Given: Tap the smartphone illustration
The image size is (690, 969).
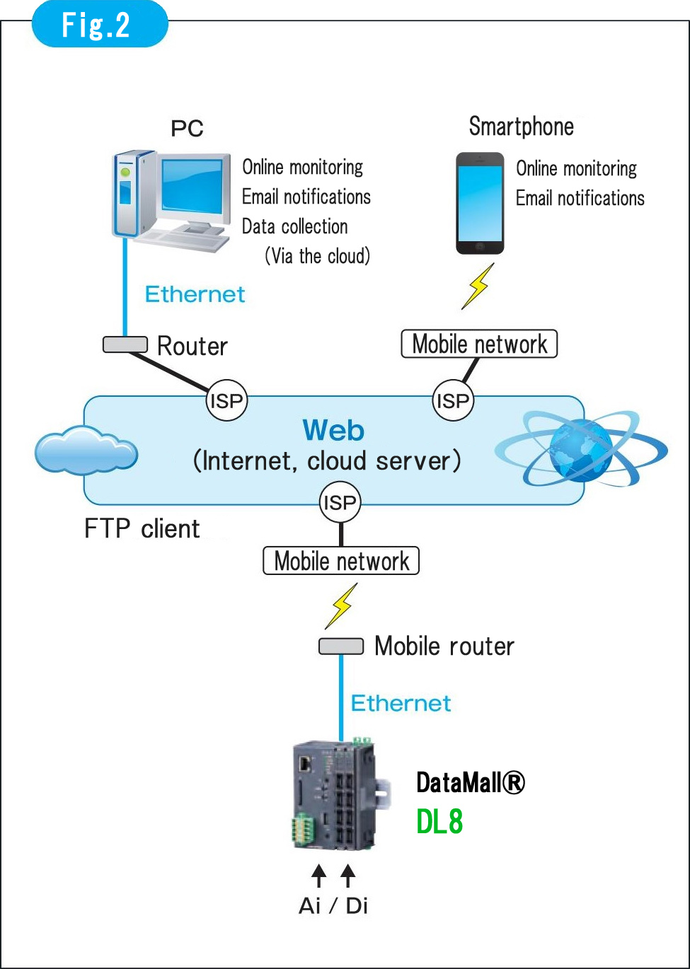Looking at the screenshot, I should click(480, 203).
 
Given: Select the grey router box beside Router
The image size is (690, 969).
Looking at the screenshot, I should click(125, 344).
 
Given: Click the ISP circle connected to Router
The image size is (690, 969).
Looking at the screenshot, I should click(226, 401).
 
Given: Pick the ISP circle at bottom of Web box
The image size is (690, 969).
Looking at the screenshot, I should click(340, 503).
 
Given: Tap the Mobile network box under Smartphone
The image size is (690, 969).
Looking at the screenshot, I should click(479, 344).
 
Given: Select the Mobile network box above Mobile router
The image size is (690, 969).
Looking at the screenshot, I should click(341, 561).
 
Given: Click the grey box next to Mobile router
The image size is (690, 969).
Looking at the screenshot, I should click(340, 646).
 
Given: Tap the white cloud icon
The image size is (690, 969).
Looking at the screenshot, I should click(85, 451).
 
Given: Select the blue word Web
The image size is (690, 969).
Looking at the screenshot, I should click(333, 431).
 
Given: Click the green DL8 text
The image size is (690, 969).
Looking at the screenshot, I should click(439, 822).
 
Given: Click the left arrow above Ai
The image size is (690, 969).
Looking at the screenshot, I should click(319, 875).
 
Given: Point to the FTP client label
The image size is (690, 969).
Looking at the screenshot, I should click(142, 529).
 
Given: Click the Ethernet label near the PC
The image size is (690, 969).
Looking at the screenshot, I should click(195, 294).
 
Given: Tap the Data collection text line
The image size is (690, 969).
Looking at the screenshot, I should click(294, 226).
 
